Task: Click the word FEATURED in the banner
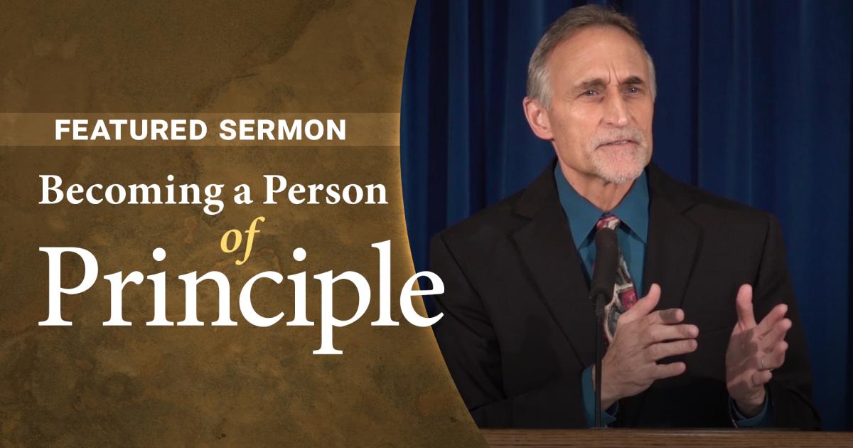131,130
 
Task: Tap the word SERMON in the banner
283,130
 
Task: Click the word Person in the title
326,191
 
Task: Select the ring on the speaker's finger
765,361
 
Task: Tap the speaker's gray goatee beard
620,160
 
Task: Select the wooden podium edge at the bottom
667,438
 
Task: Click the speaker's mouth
620,144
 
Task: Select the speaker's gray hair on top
583,34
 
